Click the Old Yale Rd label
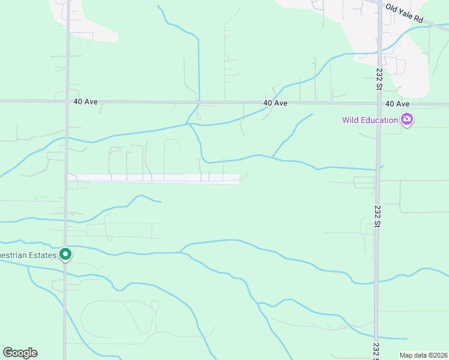coord(404,14)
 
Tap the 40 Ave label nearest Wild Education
coord(397,103)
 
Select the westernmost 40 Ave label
coord(85,102)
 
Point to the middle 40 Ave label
coord(275,103)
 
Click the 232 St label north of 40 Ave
coord(379,79)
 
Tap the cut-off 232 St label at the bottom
coord(376,349)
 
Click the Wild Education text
coord(370,120)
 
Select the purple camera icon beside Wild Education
coord(407,120)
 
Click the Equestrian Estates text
coord(28,255)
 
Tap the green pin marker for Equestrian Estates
coord(66,255)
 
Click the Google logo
coord(20,353)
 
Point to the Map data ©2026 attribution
coord(423,355)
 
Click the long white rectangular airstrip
coord(154,178)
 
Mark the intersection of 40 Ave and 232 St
coord(379,103)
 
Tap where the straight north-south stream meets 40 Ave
coord(199,103)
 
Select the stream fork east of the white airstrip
coord(273,158)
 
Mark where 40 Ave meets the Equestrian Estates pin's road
coord(67,101)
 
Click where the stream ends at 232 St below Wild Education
coord(379,168)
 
